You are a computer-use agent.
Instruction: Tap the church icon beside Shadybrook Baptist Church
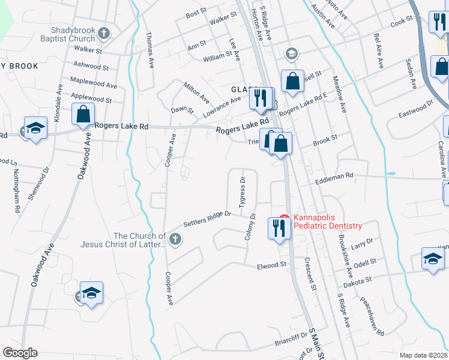coord(104,33)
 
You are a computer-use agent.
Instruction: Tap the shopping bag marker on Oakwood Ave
coord(83,113)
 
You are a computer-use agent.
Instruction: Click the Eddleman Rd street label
coord(334,175)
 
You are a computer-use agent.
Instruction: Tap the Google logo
coord(20,352)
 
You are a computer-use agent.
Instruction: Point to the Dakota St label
coord(358,278)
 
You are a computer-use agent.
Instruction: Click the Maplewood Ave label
coord(94,82)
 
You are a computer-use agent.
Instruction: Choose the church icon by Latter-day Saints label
coord(175,240)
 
